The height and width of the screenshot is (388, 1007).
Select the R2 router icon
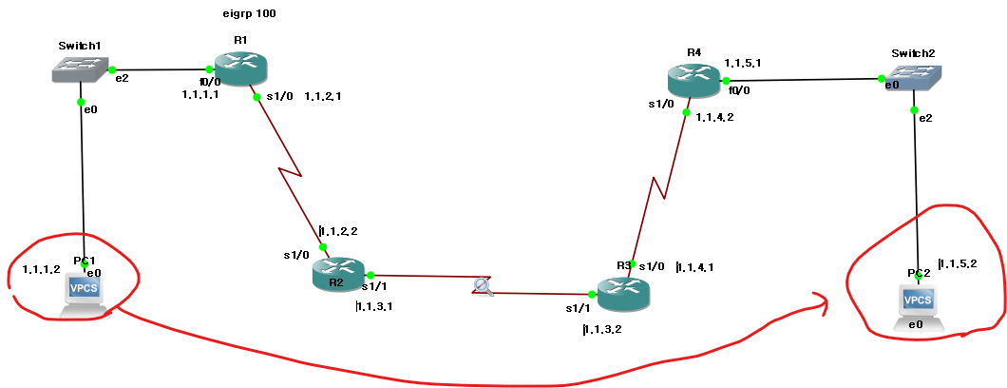click(x=339, y=274)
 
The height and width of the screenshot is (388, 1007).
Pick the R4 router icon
click(x=694, y=80)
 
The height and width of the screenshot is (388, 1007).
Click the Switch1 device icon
click(x=79, y=68)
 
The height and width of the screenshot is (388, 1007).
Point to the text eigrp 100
click(x=249, y=14)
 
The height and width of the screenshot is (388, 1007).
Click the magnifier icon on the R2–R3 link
click(x=483, y=285)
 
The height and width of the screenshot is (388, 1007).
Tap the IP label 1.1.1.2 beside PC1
click(x=41, y=269)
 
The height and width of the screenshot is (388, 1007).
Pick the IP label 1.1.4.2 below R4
click(x=714, y=117)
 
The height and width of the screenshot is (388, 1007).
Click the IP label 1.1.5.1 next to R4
click(x=742, y=63)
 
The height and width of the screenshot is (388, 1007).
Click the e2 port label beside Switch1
click(x=122, y=78)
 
